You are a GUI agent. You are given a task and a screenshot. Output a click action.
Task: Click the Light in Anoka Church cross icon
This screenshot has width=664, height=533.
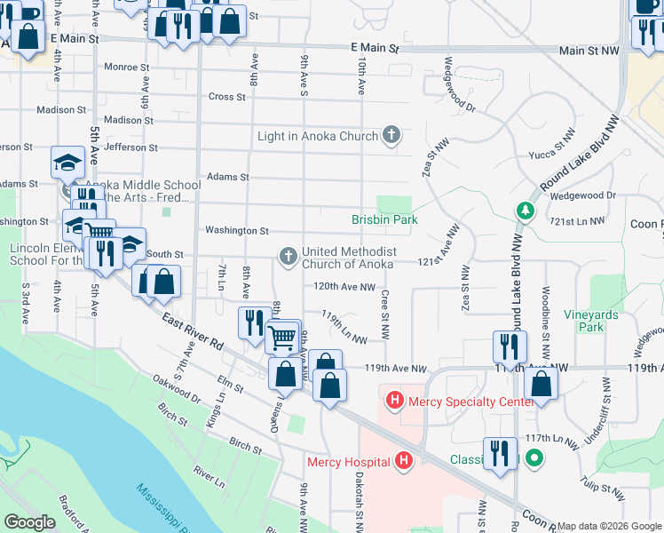[391, 136]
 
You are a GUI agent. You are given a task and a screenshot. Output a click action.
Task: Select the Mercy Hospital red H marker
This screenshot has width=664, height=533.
[404, 461]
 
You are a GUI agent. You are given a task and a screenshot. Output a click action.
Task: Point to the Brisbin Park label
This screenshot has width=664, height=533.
[383, 219]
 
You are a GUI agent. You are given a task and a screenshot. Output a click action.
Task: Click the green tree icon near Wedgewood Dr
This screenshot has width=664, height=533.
[525, 211]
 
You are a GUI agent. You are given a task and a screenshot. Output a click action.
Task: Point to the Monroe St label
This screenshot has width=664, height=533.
[127, 67]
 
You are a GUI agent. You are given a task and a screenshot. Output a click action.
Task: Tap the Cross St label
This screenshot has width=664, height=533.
[226, 97]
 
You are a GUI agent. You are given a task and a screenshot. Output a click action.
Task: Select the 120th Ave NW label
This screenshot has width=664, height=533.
[344, 286]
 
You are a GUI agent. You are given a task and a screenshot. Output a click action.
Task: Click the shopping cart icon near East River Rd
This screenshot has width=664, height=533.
[282, 337]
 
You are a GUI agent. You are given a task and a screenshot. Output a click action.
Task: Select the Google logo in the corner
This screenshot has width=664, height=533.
[30, 522]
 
